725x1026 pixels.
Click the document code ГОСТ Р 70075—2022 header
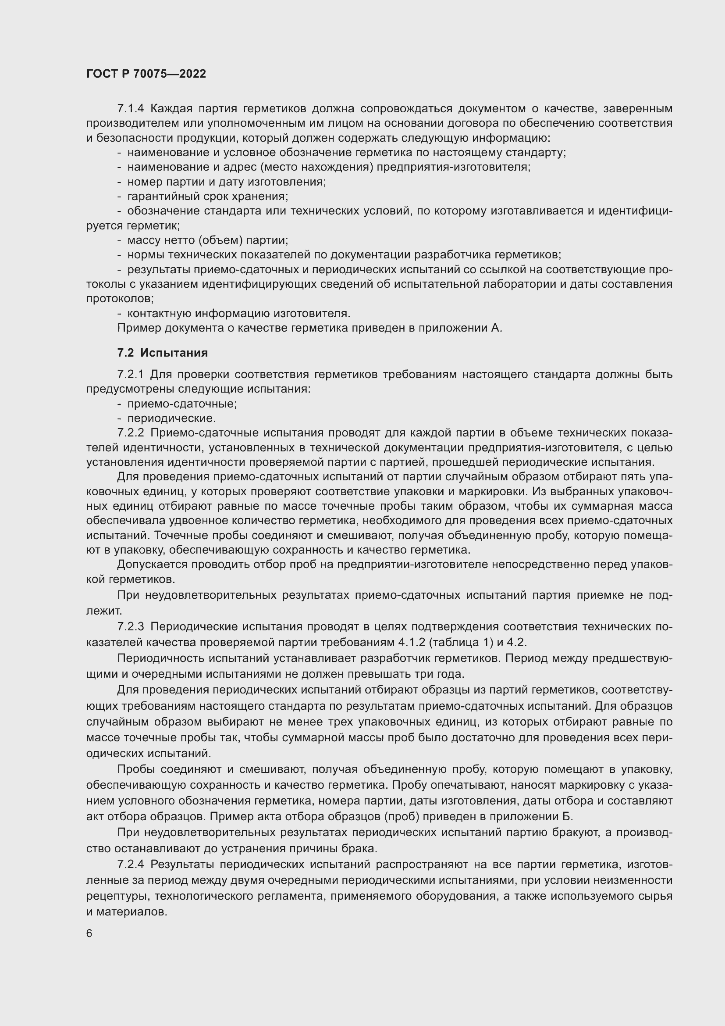click(146, 74)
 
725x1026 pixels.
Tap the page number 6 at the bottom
click(89, 933)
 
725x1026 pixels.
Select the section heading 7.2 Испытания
click(163, 353)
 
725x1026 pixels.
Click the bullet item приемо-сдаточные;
click(182, 404)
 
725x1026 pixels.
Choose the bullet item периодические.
click(171, 418)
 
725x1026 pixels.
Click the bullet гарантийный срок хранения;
click(208, 196)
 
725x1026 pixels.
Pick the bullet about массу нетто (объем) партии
click(208, 240)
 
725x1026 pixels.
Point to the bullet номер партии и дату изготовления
click(226, 182)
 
